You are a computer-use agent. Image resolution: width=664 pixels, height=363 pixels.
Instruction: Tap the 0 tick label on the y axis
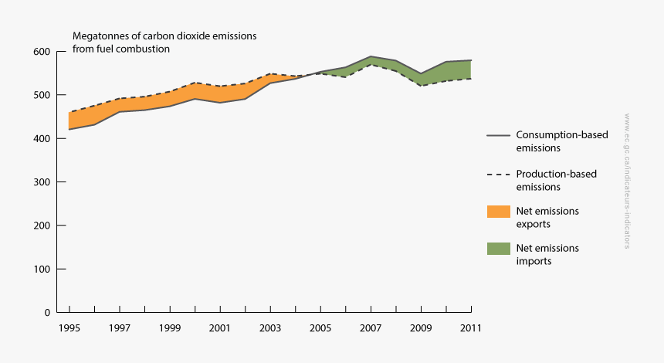[47, 313]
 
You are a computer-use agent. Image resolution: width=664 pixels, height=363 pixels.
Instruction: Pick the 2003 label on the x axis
[270, 327]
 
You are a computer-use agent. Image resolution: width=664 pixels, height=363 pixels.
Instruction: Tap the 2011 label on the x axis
[471, 327]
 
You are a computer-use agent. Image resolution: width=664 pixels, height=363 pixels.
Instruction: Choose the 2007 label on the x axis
[371, 327]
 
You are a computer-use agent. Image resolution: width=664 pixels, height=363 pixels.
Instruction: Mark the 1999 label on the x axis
[169, 327]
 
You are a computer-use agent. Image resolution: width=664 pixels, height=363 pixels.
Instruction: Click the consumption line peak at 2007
[371, 56]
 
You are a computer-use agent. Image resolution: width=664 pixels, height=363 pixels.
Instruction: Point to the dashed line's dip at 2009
[421, 86]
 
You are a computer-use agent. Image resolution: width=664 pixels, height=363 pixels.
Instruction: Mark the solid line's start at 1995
[69, 129]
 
